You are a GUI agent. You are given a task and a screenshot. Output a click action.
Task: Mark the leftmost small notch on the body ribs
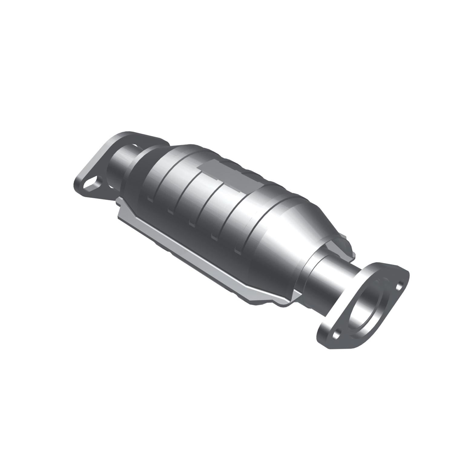tap(149, 199)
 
